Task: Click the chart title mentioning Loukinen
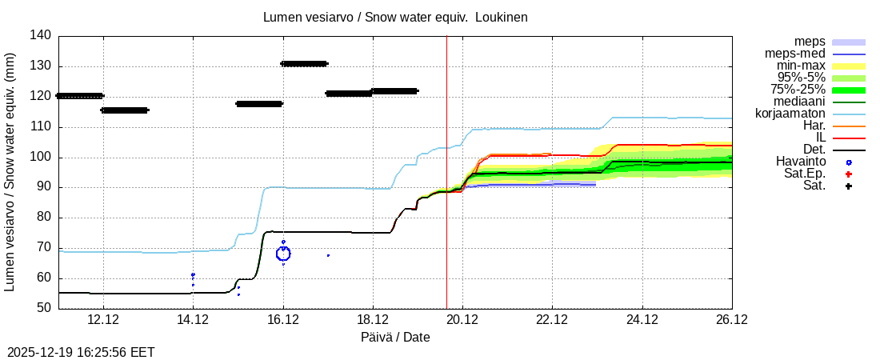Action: pyautogui.click(x=395, y=17)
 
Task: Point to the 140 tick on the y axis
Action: pyautogui.click(x=43, y=35)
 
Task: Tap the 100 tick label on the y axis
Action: pyautogui.click(x=43, y=157)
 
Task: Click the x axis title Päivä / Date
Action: pyautogui.click(x=395, y=338)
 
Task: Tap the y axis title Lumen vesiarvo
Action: pyautogui.click(x=10, y=172)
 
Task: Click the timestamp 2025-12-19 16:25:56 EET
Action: pyautogui.click(x=81, y=352)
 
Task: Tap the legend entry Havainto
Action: pyautogui.click(x=800, y=162)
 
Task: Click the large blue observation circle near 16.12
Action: pyautogui.click(x=283, y=254)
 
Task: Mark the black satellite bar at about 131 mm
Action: pyautogui.click(x=304, y=64)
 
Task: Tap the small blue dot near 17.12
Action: pyautogui.click(x=328, y=255)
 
